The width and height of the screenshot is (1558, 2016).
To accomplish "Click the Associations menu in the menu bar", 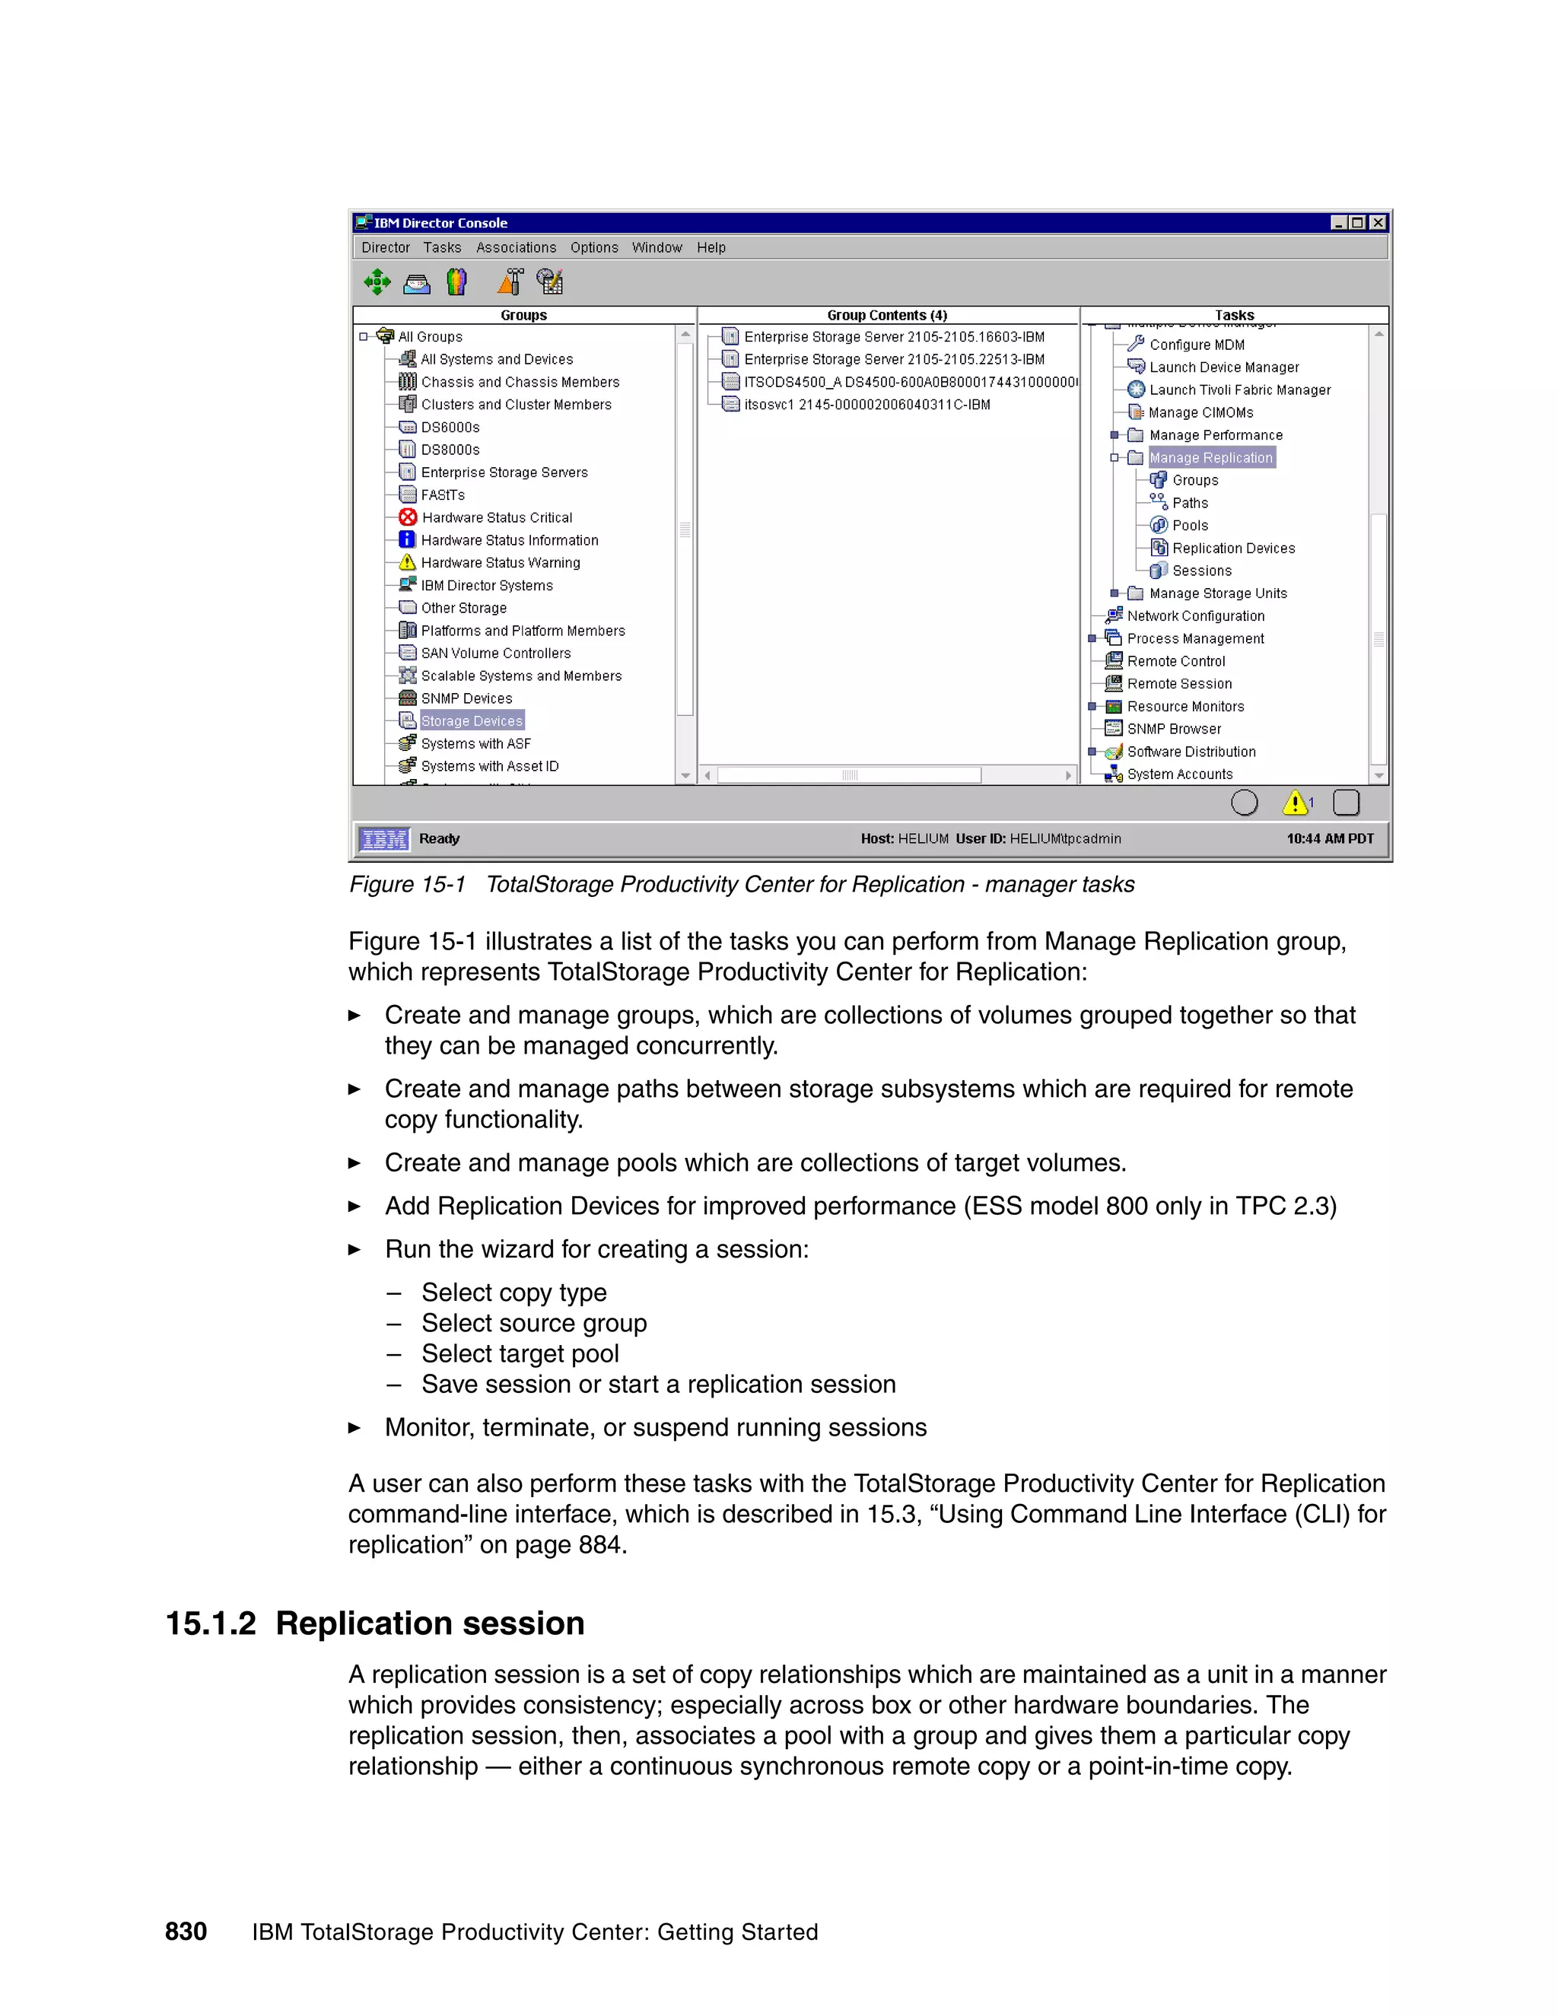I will pos(516,247).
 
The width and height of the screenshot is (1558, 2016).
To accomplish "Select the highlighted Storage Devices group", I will pos(472,721).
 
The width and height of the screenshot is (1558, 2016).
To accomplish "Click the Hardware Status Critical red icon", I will pos(408,517).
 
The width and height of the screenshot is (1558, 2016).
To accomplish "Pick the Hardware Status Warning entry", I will pos(501,562).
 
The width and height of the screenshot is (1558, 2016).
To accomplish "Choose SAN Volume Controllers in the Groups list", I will pos(496,653).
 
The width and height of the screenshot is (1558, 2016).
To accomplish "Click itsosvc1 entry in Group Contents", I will pos(866,404).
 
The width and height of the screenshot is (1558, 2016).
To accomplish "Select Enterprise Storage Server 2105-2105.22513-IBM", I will pos(893,359).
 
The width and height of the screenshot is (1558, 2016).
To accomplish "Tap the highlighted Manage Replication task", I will pos(1211,458).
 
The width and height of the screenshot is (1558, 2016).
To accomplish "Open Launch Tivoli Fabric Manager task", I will pos(1239,390).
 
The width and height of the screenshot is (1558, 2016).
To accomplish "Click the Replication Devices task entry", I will pos(1233,549).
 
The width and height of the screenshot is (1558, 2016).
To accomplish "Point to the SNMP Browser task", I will pos(1173,728).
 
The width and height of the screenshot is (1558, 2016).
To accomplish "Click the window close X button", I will pos(1378,222).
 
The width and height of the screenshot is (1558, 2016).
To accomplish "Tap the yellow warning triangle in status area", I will pos(1295,803).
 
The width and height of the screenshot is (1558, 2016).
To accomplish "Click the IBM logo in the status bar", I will pos(384,839).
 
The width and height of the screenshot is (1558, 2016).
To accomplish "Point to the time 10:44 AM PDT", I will pos(1329,838).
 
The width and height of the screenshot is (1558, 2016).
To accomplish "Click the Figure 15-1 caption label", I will pos(407,884).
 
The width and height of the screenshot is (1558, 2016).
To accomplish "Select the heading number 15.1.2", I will pos(211,1623).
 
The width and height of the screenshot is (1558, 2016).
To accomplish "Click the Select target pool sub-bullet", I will pos(520,1353).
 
